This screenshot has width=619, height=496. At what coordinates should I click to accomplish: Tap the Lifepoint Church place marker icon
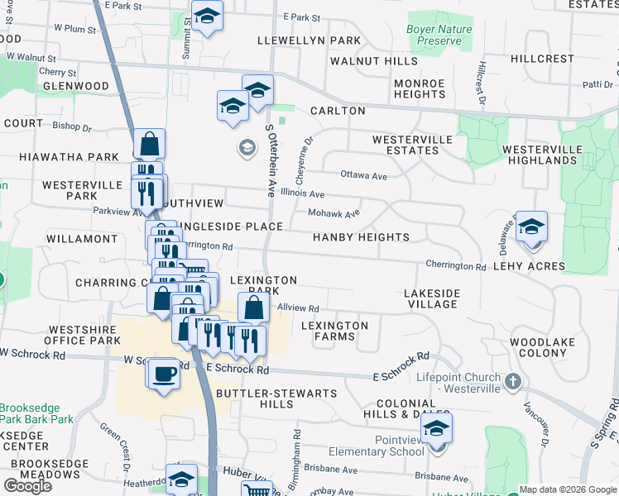(x=513, y=381)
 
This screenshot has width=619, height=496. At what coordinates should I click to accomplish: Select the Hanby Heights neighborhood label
(x=361, y=237)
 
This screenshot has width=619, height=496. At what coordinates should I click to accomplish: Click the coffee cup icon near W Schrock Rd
(x=165, y=374)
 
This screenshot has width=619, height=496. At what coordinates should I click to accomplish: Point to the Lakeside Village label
(x=432, y=298)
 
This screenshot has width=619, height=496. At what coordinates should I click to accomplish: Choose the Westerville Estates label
(x=405, y=145)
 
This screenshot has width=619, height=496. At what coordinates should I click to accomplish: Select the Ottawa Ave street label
(x=363, y=175)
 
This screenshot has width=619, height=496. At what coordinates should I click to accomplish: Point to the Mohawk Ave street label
(x=333, y=213)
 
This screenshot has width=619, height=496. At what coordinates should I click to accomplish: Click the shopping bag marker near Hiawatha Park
(x=150, y=144)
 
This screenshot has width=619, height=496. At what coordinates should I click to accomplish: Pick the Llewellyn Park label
(x=309, y=40)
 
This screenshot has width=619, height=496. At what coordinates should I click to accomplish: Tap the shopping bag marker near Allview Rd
(x=254, y=308)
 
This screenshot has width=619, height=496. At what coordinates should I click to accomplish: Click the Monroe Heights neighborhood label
(x=420, y=88)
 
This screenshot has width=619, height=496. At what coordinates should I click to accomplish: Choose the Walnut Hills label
(x=374, y=61)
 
